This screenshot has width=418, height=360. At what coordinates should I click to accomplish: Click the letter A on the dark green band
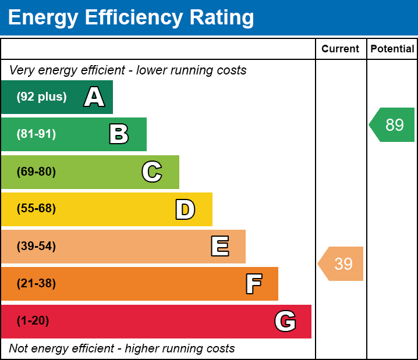[x=94, y=97]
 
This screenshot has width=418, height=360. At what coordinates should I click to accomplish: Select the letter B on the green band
[x=119, y=134]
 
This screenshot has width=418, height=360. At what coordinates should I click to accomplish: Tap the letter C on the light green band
[x=151, y=172]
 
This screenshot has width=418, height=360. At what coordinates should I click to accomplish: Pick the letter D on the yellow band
[x=185, y=209]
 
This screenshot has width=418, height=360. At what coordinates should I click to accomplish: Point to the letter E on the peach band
[x=219, y=247]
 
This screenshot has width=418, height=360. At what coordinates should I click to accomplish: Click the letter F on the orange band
[x=253, y=284]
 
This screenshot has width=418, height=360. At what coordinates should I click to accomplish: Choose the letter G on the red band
[x=285, y=321]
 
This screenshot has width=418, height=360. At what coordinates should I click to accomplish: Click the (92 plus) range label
[x=41, y=97]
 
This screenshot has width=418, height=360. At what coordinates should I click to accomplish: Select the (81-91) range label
[x=36, y=134]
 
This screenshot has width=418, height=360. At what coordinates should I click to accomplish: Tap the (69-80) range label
[x=36, y=172]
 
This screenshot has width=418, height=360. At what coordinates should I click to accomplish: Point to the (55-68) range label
[x=36, y=209]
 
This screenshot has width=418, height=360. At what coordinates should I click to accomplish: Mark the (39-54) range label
[x=36, y=247]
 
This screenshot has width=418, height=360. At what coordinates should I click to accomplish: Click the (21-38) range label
[x=36, y=284]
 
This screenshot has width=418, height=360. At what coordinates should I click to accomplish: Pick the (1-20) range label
[x=33, y=321]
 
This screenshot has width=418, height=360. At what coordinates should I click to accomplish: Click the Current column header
[x=341, y=49]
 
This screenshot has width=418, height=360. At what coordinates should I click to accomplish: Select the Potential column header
[x=392, y=49]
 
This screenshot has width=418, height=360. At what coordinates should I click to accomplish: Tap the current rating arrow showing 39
[x=342, y=264]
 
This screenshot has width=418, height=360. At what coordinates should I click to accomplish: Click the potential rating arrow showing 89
[x=393, y=125]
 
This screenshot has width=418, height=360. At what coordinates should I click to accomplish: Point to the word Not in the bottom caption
[x=19, y=349]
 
